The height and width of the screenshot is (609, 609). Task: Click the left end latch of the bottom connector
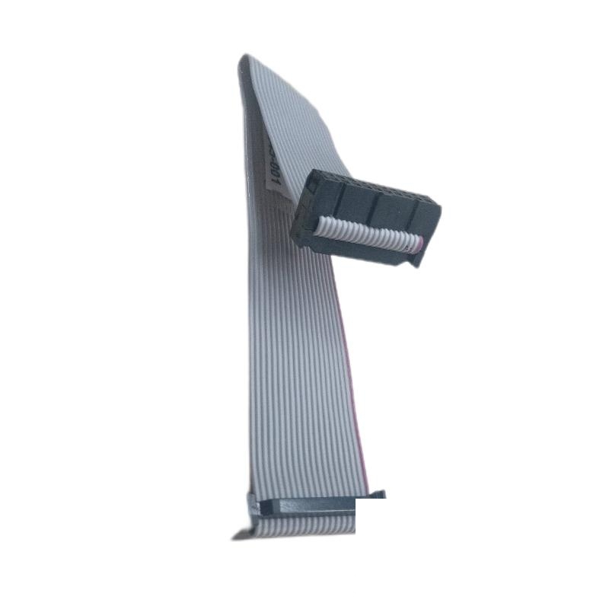coord(252,502)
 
